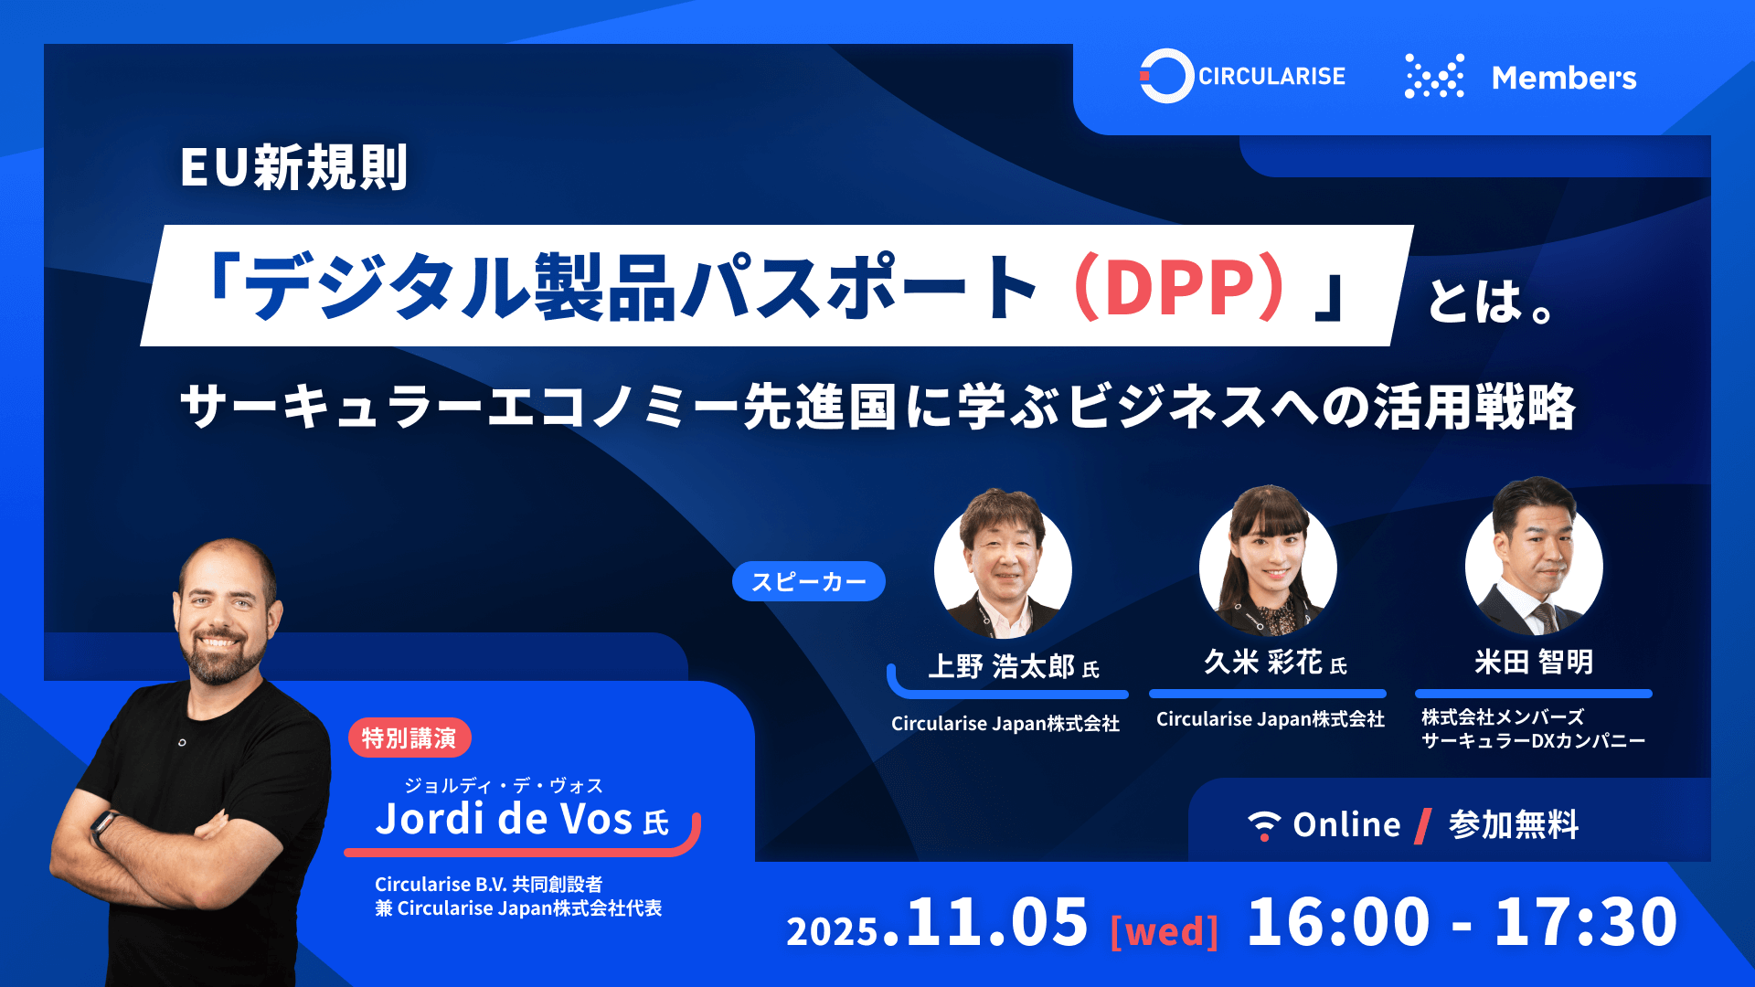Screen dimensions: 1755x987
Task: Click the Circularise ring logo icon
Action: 1166,76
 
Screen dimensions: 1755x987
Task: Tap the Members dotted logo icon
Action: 1434,76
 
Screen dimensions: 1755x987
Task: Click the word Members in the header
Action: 1564,78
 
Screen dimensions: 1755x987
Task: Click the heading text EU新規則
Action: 293,167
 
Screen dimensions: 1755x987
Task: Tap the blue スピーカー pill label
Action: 809,581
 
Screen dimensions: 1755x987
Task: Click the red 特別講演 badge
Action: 409,738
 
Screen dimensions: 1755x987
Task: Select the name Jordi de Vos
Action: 504,819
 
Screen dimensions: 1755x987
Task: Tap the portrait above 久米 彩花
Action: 1268,561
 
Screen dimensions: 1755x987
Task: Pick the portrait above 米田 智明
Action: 1534,557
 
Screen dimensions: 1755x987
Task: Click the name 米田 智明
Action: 1534,662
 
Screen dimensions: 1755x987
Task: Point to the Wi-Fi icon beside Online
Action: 1264,825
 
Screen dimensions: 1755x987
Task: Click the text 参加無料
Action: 1514,824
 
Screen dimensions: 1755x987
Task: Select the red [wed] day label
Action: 1165,931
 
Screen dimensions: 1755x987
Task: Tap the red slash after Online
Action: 1423,825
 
